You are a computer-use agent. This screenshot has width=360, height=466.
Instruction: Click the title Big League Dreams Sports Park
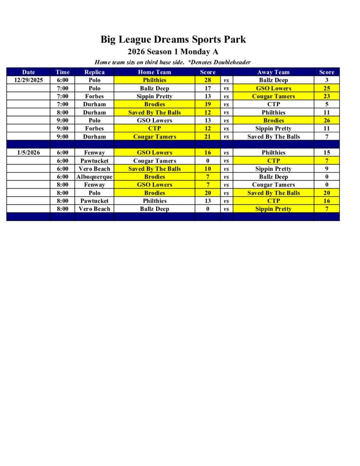[x=173, y=39]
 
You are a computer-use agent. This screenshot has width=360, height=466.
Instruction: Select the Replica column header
[x=94, y=72]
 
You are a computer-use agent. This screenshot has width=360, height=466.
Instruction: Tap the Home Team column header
[x=154, y=72]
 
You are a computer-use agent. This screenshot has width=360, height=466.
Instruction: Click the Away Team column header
[x=273, y=72]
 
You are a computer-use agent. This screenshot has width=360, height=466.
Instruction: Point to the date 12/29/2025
[x=28, y=80]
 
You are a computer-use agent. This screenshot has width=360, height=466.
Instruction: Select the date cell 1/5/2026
[x=28, y=152]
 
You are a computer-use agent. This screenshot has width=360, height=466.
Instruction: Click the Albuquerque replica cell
[x=94, y=177]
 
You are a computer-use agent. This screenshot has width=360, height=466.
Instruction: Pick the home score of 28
[x=207, y=80]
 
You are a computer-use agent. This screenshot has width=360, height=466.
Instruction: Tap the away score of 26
[x=326, y=121]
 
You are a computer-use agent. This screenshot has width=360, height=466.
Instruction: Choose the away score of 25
[x=326, y=88]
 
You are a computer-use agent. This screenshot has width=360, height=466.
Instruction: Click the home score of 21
[x=207, y=137]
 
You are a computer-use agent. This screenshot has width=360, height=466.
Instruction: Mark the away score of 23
[x=326, y=96]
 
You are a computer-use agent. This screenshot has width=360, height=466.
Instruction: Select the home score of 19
[x=207, y=104]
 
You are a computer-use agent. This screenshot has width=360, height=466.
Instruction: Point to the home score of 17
[x=207, y=88]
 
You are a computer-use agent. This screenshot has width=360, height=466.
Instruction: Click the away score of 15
[x=326, y=152]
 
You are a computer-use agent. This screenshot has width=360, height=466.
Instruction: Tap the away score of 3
[x=326, y=80]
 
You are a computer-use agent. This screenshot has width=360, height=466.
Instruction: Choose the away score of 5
[x=326, y=104]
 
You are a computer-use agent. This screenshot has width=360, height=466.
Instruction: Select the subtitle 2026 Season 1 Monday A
[x=173, y=51]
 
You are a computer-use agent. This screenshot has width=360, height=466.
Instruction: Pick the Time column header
[x=62, y=72]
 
